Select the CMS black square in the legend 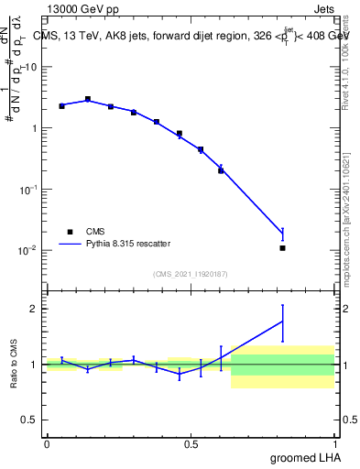(x=70, y=233)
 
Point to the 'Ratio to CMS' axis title (x=14, y=364)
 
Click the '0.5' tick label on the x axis (x=191, y=444)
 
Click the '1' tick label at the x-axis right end (x=333, y=444)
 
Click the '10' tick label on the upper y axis (x=31, y=67)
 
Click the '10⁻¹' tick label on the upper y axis (x=29, y=189)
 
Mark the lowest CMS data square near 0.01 (x=282, y=248)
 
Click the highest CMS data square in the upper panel (x=88, y=99)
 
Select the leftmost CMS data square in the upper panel (x=61, y=106)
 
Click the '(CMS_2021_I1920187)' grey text (x=190, y=274)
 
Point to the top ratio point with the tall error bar (x=282, y=321)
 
